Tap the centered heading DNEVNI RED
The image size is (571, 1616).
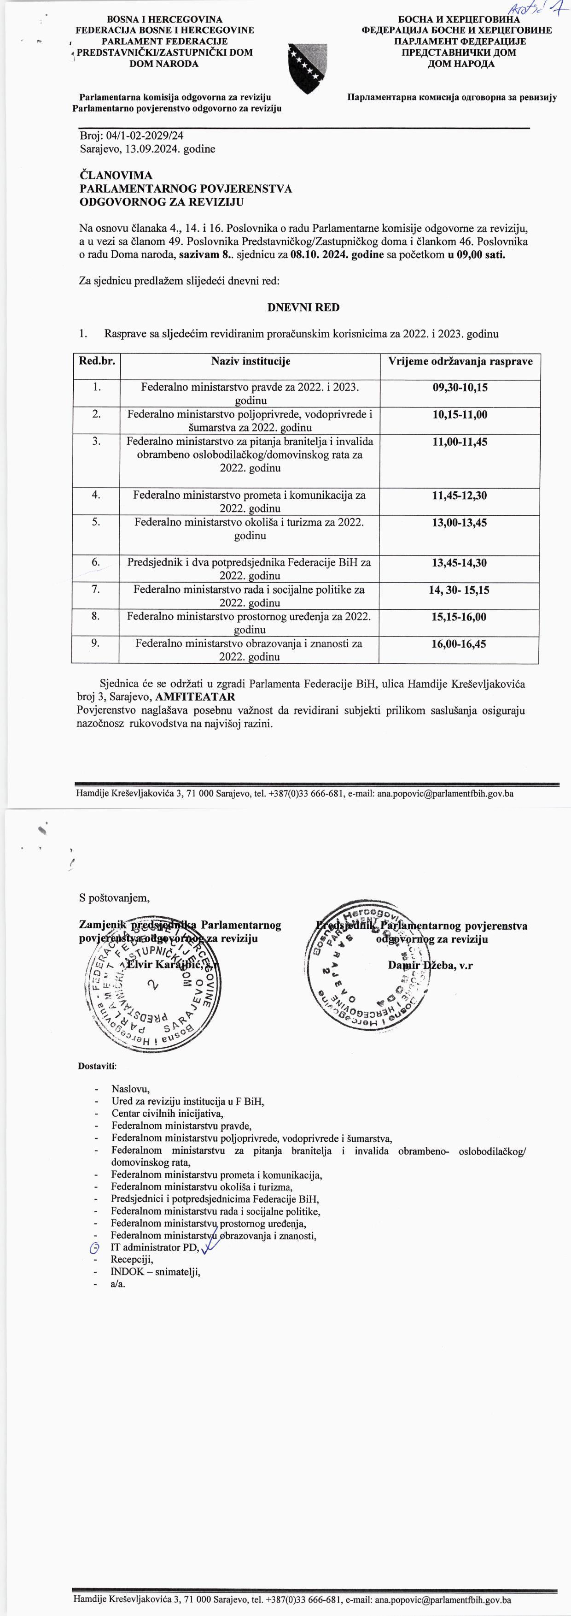coord(303,307)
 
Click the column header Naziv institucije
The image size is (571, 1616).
coord(251,361)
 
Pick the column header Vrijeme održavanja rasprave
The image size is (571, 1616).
coord(460,361)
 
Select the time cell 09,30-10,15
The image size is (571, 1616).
coord(460,388)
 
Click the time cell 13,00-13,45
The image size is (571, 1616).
coord(460,523)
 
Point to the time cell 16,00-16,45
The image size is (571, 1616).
coord(460,643)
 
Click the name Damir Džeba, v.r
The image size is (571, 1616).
coord(430,966)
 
